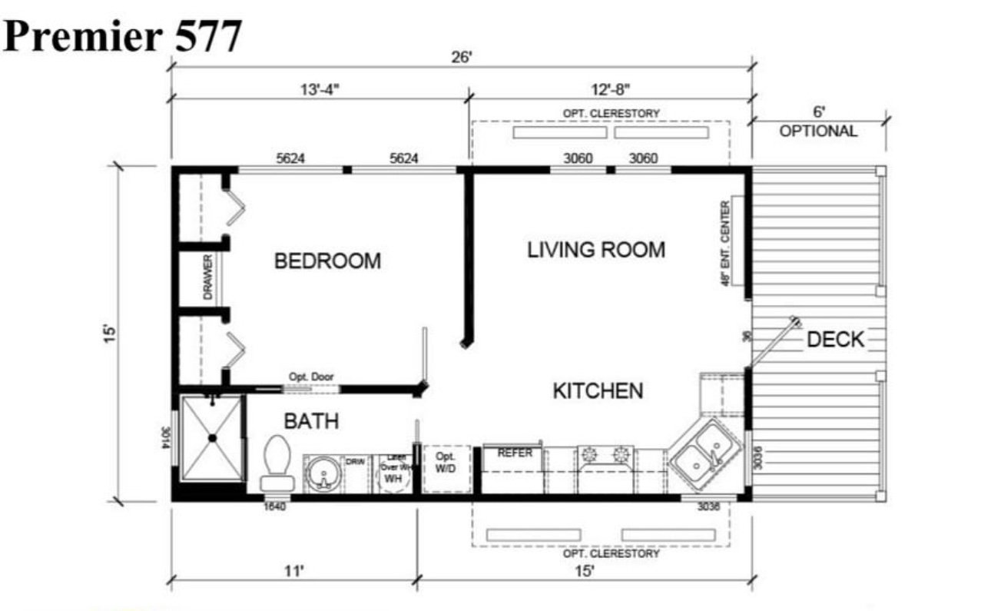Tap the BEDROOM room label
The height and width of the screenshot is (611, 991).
(x=327, y=261)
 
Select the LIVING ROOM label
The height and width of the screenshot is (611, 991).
(x=596, y=250)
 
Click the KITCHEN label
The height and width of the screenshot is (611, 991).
(x=598, y=390)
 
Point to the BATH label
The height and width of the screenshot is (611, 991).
(x=311, y=421)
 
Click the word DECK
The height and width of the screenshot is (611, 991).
(x=835, y=339)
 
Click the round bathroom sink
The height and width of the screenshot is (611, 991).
(x=325, y=474)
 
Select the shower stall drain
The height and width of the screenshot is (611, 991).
(x=213, y=438)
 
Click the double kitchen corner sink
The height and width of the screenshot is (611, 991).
(x=705, y=454)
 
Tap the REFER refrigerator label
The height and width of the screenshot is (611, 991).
(x=515, y=453)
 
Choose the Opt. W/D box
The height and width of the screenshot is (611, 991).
(x=446, y=467)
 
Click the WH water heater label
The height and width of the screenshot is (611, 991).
(x=393, y=478)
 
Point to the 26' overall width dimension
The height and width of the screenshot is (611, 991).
(x=461, y=58)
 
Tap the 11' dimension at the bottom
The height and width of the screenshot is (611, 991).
(x=292, y=570)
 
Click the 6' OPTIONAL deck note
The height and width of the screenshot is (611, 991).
(x=817, y=123)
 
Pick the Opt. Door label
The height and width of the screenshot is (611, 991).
(x=311, y=377)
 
